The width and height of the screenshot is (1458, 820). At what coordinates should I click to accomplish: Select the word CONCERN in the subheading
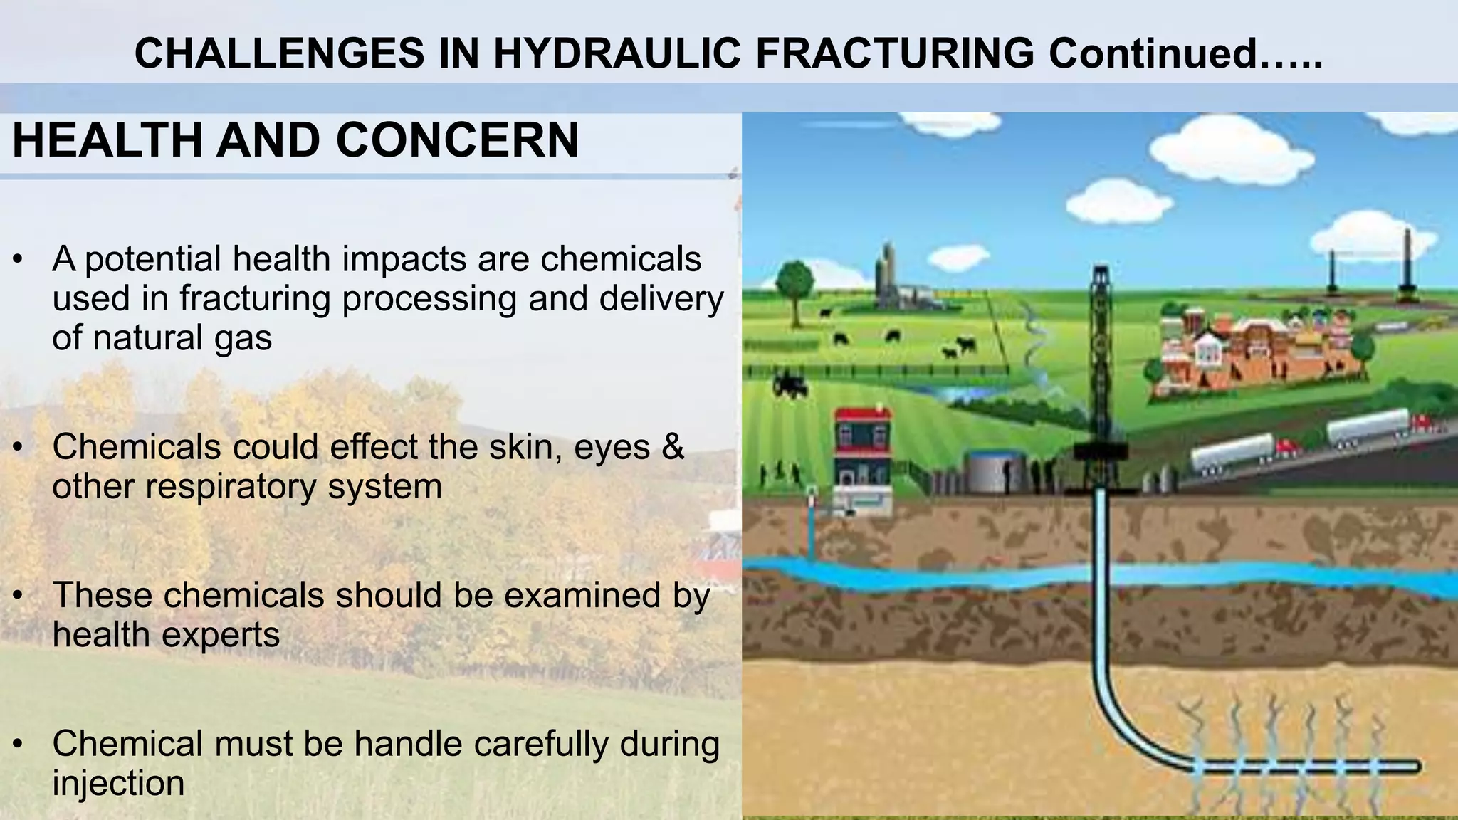tap(458, 140)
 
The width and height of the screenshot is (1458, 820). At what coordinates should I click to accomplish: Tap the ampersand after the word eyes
tap(672, 448)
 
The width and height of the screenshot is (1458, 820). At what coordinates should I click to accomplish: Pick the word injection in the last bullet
tap(118, 784)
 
